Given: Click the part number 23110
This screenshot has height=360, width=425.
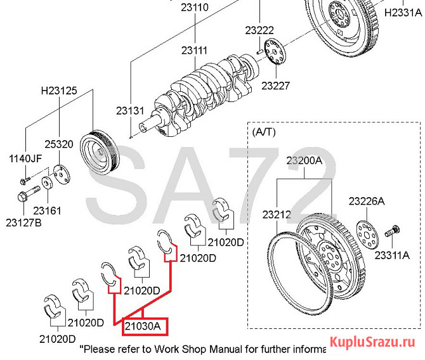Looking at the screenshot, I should (195, 8).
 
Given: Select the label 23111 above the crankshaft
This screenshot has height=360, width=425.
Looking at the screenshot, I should (194, 50).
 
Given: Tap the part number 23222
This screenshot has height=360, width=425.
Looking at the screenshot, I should (260, 30).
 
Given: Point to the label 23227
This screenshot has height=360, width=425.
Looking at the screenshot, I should (276, 85).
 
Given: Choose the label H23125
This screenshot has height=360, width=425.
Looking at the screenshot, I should (60, 91).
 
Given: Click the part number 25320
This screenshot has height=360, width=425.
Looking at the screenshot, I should (59, 145).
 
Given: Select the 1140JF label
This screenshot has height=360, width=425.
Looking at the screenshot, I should (25, 158).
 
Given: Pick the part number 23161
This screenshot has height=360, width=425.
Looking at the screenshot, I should (48, 210).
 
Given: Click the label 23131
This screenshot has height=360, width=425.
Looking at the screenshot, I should (130, 110).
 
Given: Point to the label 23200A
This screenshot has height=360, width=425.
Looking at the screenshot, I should (305, 162).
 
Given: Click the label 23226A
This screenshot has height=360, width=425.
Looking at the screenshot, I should (366, 201).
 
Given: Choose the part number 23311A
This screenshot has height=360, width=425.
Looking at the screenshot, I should (391, 254).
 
